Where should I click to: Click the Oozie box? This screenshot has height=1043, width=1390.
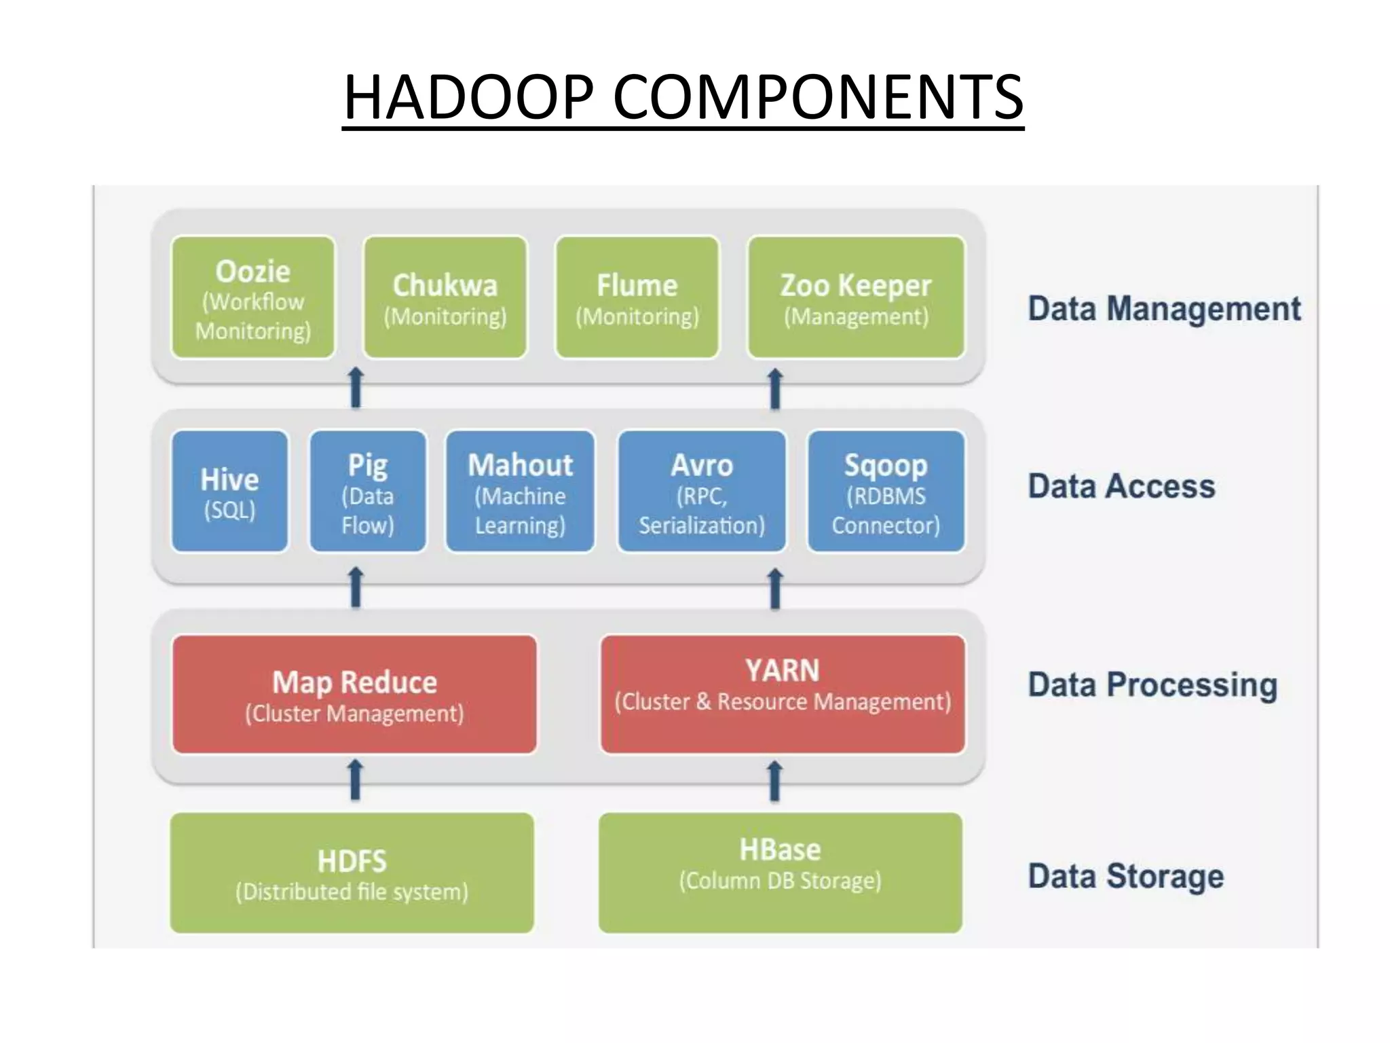(x=253, y=297)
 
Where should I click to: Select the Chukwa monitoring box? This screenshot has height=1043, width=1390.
(x=445, y=297)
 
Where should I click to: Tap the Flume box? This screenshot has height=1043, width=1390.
(x=637, y=297)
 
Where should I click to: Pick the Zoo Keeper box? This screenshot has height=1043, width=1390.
(x=856, y=297)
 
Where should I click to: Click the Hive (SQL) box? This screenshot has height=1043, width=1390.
(x=230, y=491)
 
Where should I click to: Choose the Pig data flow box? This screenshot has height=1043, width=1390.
(x=368, y=491)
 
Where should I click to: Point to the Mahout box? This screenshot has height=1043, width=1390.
(x=521, y=491)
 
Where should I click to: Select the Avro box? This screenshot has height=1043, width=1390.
(x=702, y=491)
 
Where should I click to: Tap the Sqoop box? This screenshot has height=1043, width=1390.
(x=886, y=491)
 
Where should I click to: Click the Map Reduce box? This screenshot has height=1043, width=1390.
(x=354, y=694)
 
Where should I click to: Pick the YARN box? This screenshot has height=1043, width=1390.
(x=783, y=694)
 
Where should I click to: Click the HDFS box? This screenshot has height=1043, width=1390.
(x=352, y=873)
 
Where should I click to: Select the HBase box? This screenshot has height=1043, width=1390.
(x=781, y=873)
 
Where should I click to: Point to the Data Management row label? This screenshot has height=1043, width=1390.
(x=1164, y=309)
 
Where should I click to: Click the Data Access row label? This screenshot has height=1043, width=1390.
(x=1121, y=486)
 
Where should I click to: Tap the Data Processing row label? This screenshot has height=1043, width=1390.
(x=1152, y=684)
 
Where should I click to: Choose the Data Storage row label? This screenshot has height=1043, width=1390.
(x=1126, y=876)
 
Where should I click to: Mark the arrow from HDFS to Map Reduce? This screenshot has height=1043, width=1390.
(x=355, y=780)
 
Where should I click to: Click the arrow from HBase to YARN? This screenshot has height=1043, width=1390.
(x=774, y=781)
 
